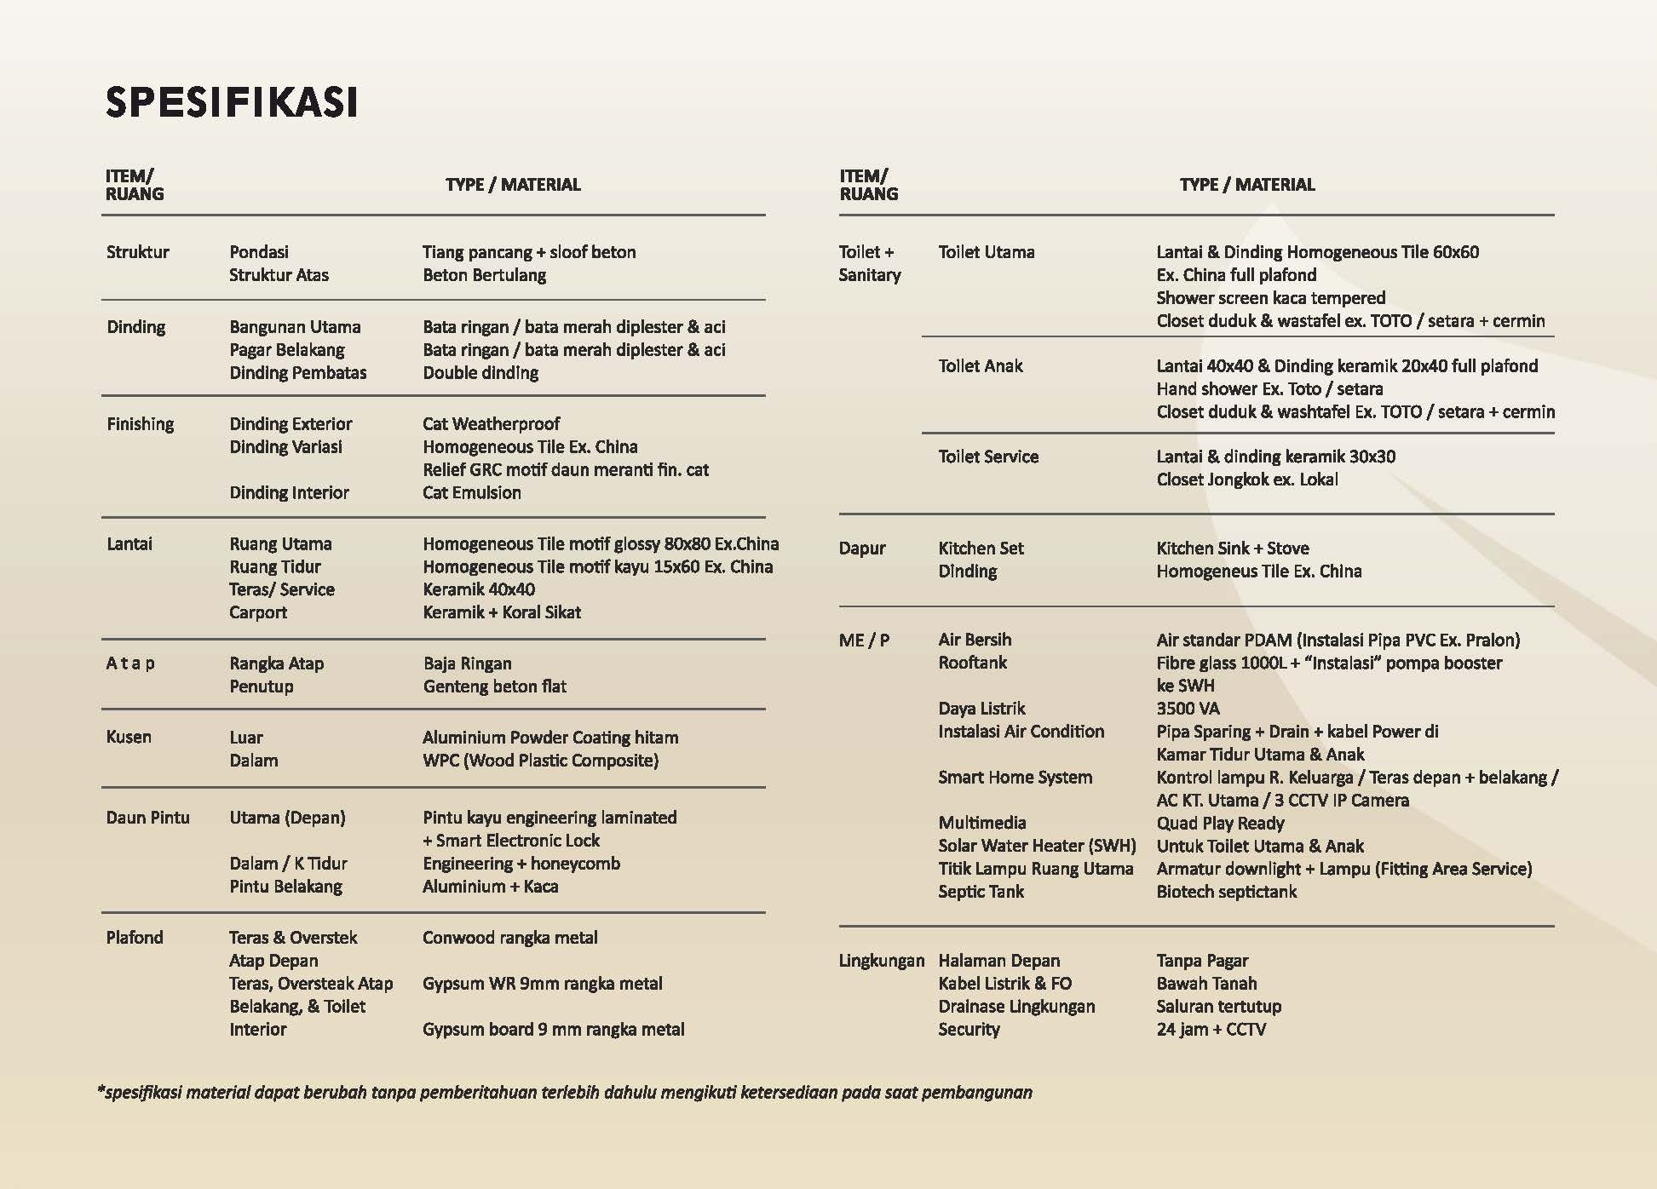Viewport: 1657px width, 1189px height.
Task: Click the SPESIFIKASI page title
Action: (232, 102)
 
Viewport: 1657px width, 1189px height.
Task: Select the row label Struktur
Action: (138, 252)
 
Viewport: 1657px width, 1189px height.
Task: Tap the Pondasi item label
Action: (259, 252)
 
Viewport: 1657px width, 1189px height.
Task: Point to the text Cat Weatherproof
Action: (491, 424)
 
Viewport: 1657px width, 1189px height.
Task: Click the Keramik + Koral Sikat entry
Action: (502, 612)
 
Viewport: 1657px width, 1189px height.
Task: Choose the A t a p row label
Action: (130, 663)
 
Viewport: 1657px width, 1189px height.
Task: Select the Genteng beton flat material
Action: (494, 686)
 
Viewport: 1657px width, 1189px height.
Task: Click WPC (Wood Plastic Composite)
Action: (540, 761)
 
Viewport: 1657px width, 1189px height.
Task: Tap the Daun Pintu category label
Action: (148, 818)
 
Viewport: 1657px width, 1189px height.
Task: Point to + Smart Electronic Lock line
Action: (511, 841)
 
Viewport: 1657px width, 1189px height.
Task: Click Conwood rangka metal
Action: (509, 938)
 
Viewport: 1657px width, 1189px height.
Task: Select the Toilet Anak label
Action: (980, 366)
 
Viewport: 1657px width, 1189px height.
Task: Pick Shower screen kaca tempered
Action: (1270, 298)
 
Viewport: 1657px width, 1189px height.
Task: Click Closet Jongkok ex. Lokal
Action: (1246, 480)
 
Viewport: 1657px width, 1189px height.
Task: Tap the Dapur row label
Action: (862, 549)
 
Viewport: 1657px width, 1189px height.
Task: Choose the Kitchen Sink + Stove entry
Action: (1232, 549)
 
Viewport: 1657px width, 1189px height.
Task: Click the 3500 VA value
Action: (1188, 709)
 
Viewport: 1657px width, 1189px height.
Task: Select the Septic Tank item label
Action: (981, 892)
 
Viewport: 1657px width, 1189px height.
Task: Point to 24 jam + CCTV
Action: (1211, 1030)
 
